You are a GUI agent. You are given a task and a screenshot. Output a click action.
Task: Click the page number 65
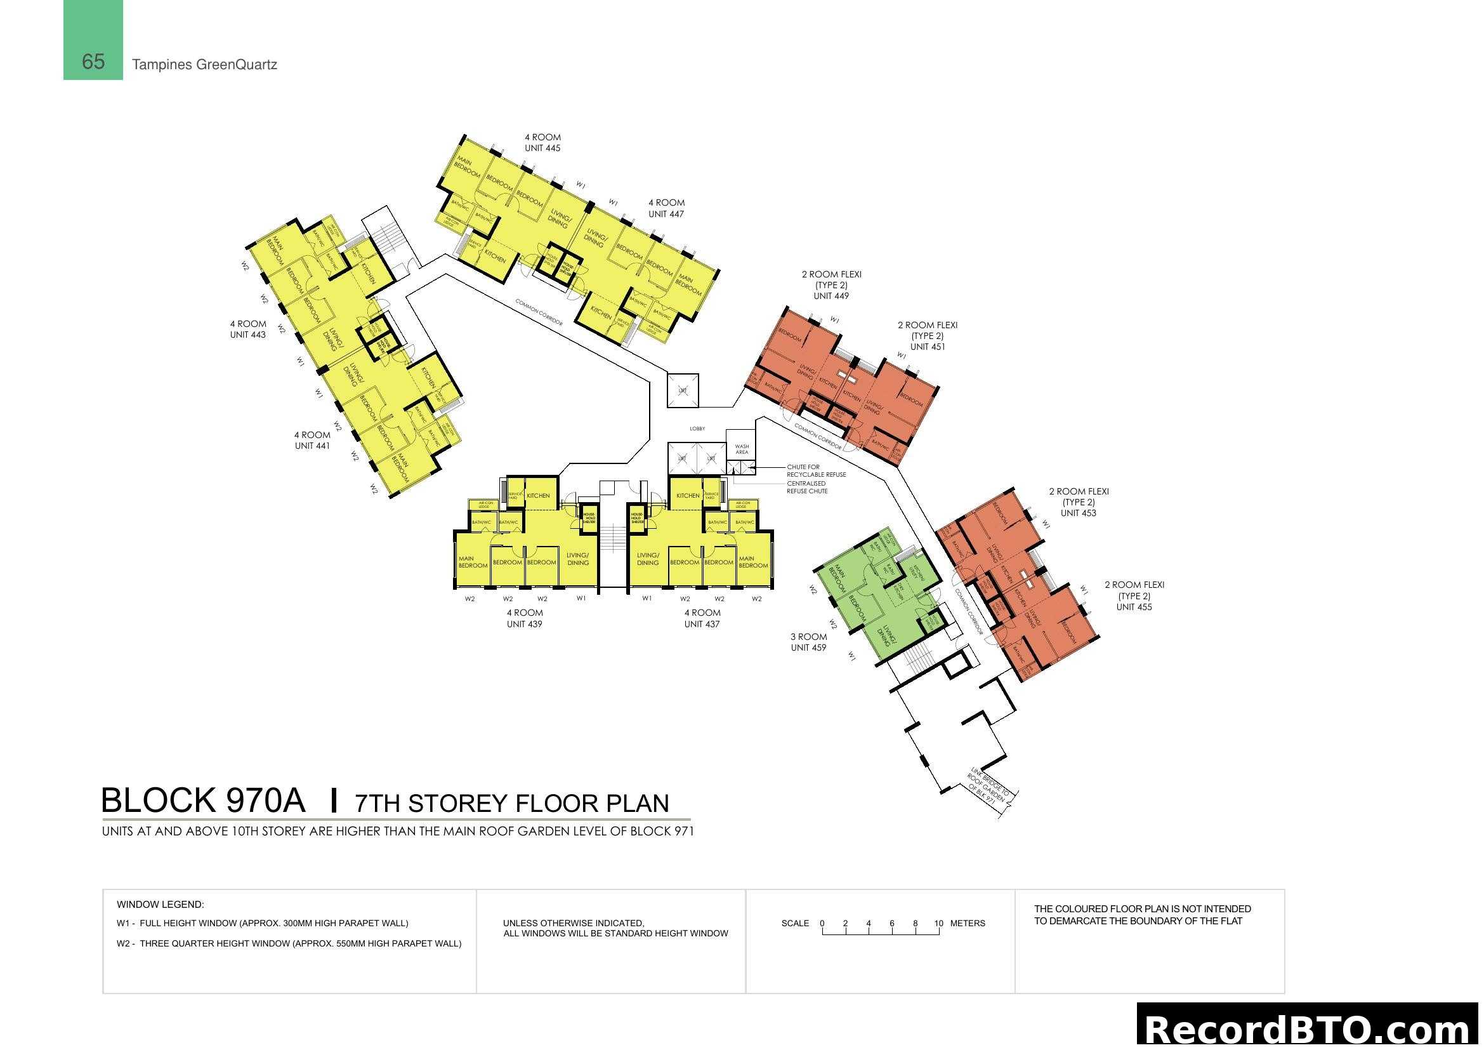click(93, 62)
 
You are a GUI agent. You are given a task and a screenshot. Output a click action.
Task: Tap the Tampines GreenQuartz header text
click(204, 65)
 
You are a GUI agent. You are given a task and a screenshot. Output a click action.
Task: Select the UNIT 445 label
click(542, 148)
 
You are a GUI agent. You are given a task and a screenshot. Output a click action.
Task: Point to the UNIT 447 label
click(666, 214)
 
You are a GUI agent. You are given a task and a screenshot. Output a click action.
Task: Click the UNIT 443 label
click(247, 335)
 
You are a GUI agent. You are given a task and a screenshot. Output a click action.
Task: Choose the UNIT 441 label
click(312, 446)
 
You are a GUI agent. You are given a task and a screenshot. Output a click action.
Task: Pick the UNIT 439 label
click(524, 624)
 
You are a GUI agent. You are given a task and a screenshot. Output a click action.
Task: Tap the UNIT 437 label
click(702, 624)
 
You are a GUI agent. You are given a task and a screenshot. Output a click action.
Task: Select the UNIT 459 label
click(808, 648)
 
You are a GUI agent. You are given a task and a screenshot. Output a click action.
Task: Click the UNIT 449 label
click(831, 296)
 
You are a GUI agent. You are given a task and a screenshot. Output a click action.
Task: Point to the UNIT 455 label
click(1134, 607)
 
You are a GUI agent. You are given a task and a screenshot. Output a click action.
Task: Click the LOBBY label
click(697, 429)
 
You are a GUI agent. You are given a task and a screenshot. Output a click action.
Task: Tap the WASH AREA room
click(741, 449)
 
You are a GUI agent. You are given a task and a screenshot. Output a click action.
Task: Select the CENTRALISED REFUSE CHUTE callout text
click(806, 488)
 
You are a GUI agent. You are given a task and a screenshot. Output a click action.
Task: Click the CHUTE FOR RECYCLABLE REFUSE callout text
click(816, 470)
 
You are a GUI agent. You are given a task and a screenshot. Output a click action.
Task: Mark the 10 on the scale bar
click(938, 923)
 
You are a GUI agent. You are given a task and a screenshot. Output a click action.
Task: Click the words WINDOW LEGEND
click(161, 905)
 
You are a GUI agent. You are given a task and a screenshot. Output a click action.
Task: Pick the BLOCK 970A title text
click(203, 801)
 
